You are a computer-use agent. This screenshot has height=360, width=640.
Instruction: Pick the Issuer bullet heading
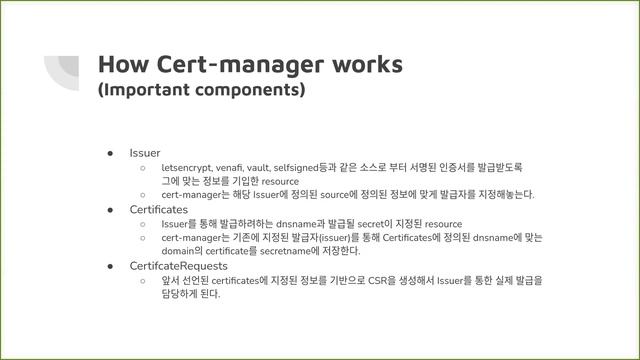[x=145, y=153]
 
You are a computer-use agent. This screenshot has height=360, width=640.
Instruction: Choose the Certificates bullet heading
[x=158, y=210]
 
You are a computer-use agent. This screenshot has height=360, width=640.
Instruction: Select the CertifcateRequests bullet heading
[x=178, y=267]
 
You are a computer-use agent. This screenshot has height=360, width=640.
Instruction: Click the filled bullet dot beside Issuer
[x=113, y=153]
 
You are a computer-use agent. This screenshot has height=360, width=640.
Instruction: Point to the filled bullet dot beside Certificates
[x=113, y=210]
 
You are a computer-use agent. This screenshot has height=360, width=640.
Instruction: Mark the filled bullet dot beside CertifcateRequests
[x=113, y=267]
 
